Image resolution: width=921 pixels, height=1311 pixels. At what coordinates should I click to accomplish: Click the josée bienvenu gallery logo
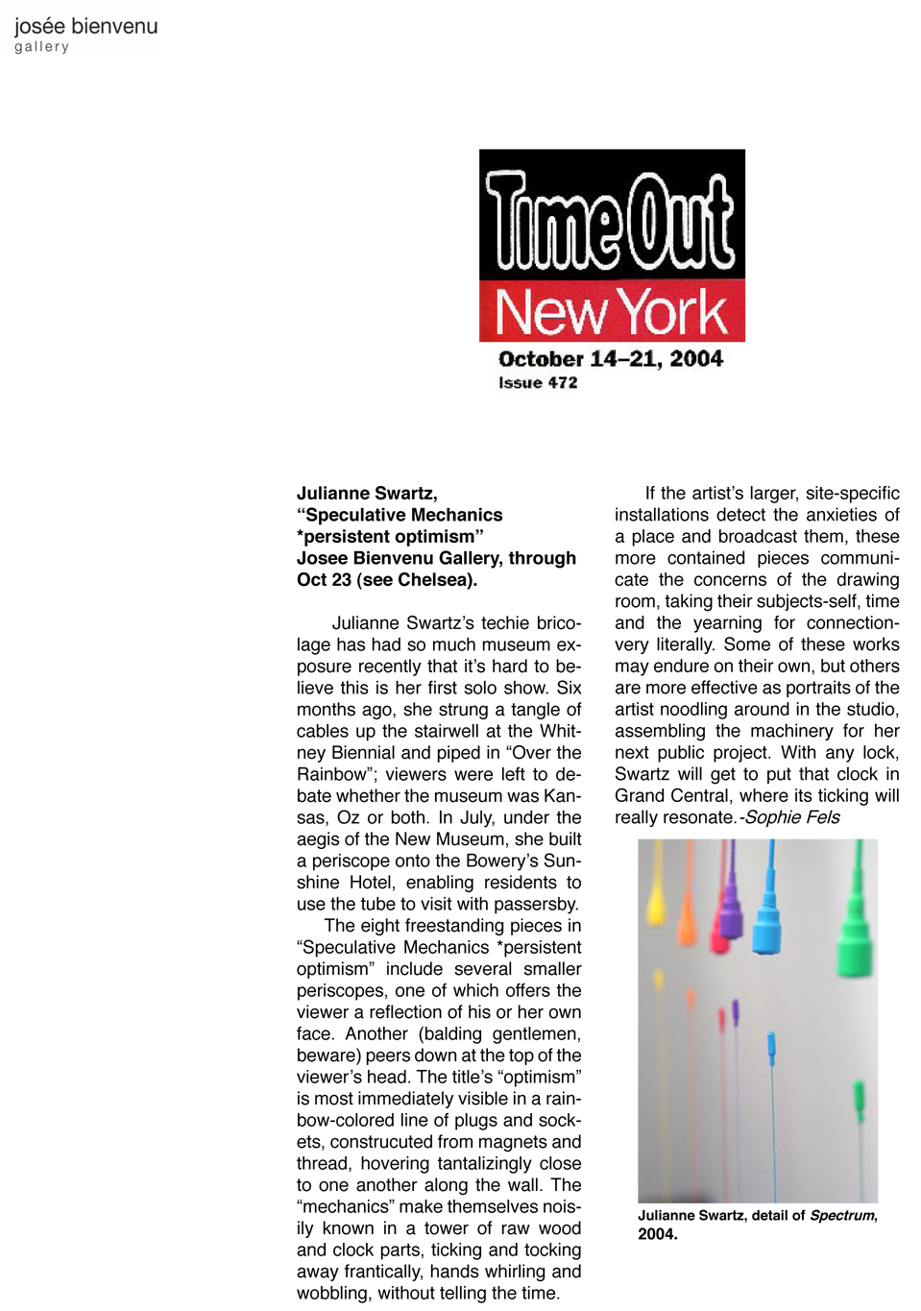pyautogui.click(x=85, y=34)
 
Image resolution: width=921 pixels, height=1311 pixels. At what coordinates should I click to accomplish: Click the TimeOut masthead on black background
pyautogui.click(x=611, y=221)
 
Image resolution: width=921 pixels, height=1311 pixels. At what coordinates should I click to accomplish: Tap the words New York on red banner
pyautogui.click(x=611, y=312)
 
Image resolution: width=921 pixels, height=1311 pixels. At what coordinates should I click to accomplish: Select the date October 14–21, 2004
pyautogui.click(x=611, y=359)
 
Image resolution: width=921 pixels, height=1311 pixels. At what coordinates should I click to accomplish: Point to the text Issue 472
pyautogui.click(x=538, y=382)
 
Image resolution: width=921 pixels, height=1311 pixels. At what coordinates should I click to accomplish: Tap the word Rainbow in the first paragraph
pyautogui.click(x=331, y=775)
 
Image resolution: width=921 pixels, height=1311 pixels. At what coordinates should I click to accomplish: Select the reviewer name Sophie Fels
pyautogui.click(x=792, y=817)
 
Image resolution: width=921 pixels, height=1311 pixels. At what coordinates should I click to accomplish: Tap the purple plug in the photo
pyautogui.click(x=730, y=912)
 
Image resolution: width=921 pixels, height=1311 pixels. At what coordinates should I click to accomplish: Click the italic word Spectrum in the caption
pyautogui.click(x=841, y=1215)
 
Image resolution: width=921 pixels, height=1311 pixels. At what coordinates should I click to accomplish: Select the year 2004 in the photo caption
pyautogui.click(x=657, y=1234)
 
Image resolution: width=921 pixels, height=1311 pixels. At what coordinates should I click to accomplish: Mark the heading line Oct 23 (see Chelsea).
pyautogui.click(x=386, y=580)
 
